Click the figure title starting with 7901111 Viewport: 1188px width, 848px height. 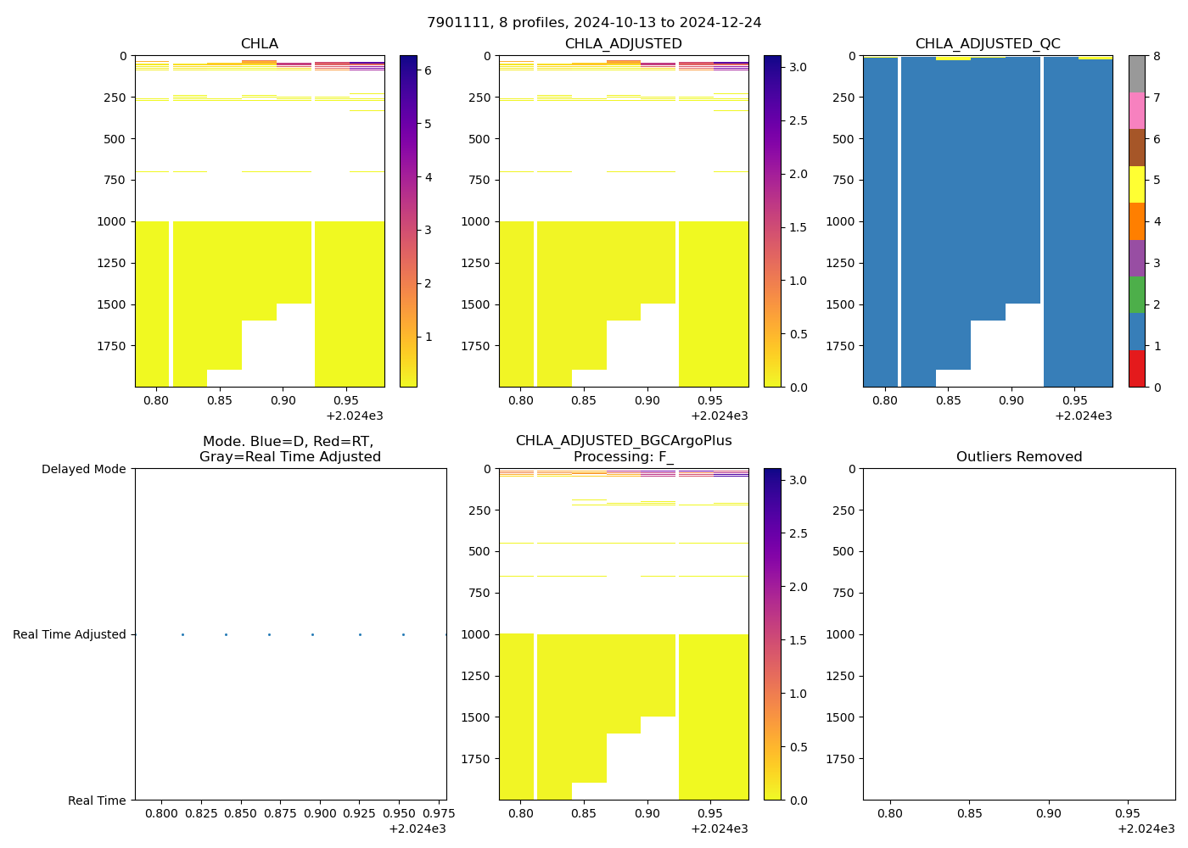594,23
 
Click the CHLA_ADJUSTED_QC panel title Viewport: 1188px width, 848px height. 987,44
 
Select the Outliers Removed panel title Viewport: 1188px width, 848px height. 1018,457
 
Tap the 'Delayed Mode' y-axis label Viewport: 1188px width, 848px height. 83,469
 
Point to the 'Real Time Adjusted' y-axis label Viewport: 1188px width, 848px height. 70,634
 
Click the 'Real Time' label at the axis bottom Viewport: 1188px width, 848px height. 97,801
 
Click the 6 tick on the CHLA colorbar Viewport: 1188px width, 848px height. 428,70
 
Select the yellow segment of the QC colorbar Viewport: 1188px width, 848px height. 1136,184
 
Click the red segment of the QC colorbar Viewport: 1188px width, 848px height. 1136,369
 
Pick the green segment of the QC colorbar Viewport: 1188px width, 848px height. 1136,295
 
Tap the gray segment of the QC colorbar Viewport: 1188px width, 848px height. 1136,74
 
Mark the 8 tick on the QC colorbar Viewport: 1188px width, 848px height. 1156,56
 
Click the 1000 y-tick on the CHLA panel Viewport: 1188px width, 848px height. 112,221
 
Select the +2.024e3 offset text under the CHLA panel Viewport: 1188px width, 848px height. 355,416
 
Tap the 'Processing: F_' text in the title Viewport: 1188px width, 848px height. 623,457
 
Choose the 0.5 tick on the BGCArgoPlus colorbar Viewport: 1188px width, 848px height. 798,747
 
